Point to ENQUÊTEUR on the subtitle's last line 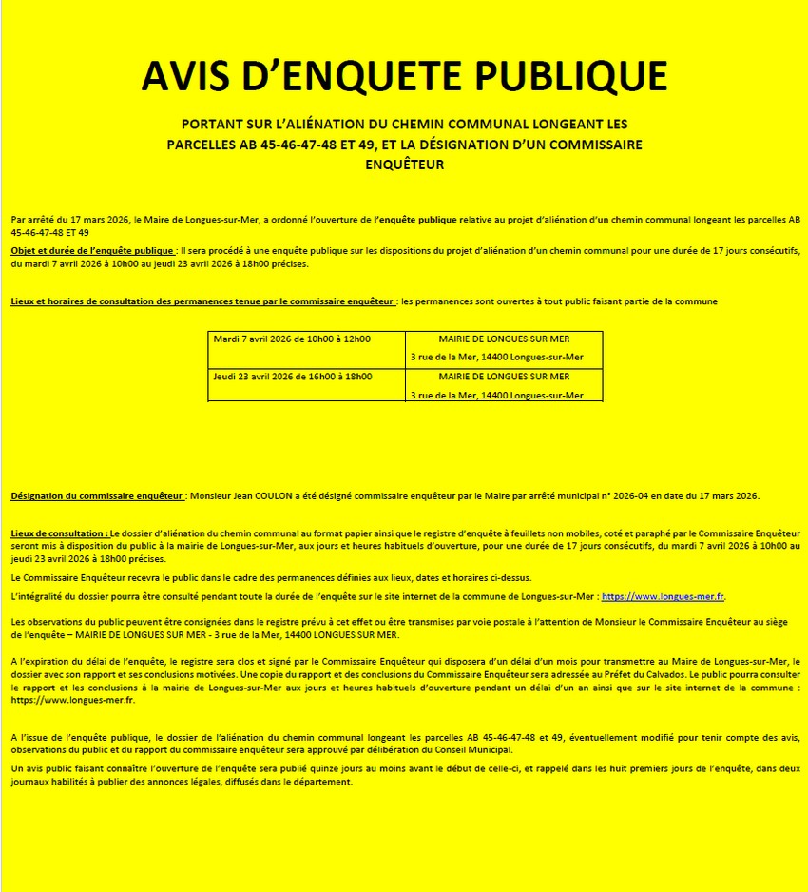point(404,165)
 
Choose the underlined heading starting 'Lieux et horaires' point(203,301)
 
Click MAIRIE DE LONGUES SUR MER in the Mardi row point(504,339)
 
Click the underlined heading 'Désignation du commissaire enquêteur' point(97,496)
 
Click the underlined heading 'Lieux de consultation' point(59,534)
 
